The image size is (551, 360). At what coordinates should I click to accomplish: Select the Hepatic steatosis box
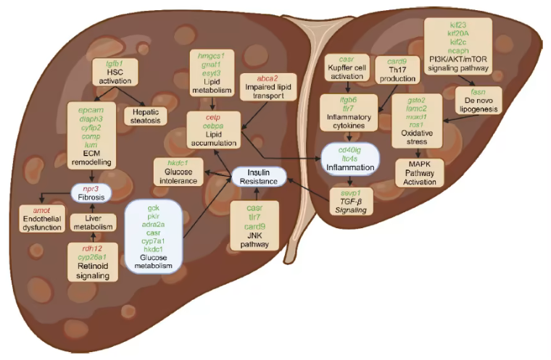[x=146, y=116]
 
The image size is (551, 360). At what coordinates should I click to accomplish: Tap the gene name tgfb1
[x=115, y=63]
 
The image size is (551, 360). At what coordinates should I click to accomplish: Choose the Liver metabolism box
[x=92, y=222]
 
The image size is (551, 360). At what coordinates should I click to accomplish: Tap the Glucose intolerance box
[x=178, y=172]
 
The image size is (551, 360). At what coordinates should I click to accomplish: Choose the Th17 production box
[x=397, y=71]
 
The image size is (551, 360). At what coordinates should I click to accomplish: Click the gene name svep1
[x=351, y=193]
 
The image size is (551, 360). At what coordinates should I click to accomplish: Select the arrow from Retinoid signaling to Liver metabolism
[x=92, y=238]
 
